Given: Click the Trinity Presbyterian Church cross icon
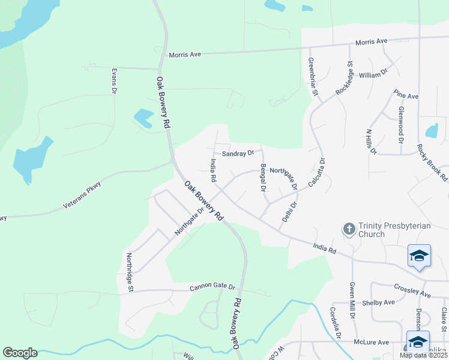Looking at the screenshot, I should point(349,229).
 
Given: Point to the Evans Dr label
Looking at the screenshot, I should point(113,80).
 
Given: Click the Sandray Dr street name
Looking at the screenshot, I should point(238,154).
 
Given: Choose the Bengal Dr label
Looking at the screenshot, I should point(263,178).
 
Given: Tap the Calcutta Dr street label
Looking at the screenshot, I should point(317,172).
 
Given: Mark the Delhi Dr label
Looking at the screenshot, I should point(290,213).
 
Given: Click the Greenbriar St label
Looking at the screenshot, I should point(312,79).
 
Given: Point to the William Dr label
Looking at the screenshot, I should point(373,76).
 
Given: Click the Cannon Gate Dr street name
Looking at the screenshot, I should point(212,287).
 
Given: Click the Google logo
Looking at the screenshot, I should point(20,353).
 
